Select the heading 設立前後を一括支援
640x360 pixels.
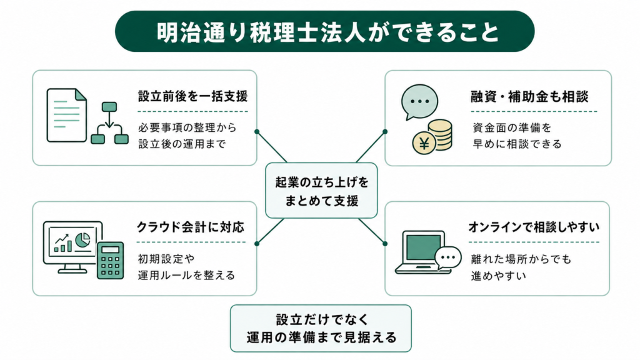[192, 96]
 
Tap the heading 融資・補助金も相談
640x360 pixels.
[529, 97]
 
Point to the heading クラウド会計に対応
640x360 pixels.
[191, 227]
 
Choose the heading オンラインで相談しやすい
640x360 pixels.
[534, 227]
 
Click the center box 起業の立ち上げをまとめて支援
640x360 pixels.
[321, 191]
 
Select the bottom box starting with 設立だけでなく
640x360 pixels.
[321, 328]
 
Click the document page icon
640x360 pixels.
[66, 115]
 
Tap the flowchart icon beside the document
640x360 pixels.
[109, 123]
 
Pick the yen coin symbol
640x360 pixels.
[424, 143]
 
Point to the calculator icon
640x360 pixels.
[110, 260]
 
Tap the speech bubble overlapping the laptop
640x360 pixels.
[448, 258]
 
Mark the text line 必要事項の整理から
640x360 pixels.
[187, 127]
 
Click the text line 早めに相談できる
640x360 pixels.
[517, 144]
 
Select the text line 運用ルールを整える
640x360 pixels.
[186, 275]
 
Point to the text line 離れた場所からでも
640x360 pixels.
[521, 259]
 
